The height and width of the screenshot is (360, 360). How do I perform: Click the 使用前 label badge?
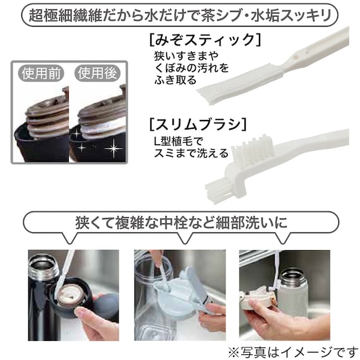[41, 73]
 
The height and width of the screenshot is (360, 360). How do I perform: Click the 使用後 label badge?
[97, 73]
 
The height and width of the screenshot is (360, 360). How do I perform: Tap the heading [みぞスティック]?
[205, 40]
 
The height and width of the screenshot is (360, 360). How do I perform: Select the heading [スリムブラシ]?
[198, 124]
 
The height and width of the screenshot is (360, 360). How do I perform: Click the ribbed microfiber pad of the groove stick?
[241, 85]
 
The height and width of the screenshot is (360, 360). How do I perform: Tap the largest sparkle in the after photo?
[114, 148]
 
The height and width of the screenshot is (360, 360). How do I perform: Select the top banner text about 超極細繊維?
[180, 16]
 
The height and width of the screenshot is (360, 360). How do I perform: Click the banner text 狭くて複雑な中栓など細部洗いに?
[181, 222]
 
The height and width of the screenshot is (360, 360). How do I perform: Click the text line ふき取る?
[176, 80]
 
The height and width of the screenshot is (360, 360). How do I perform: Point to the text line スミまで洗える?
[191, 153]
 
